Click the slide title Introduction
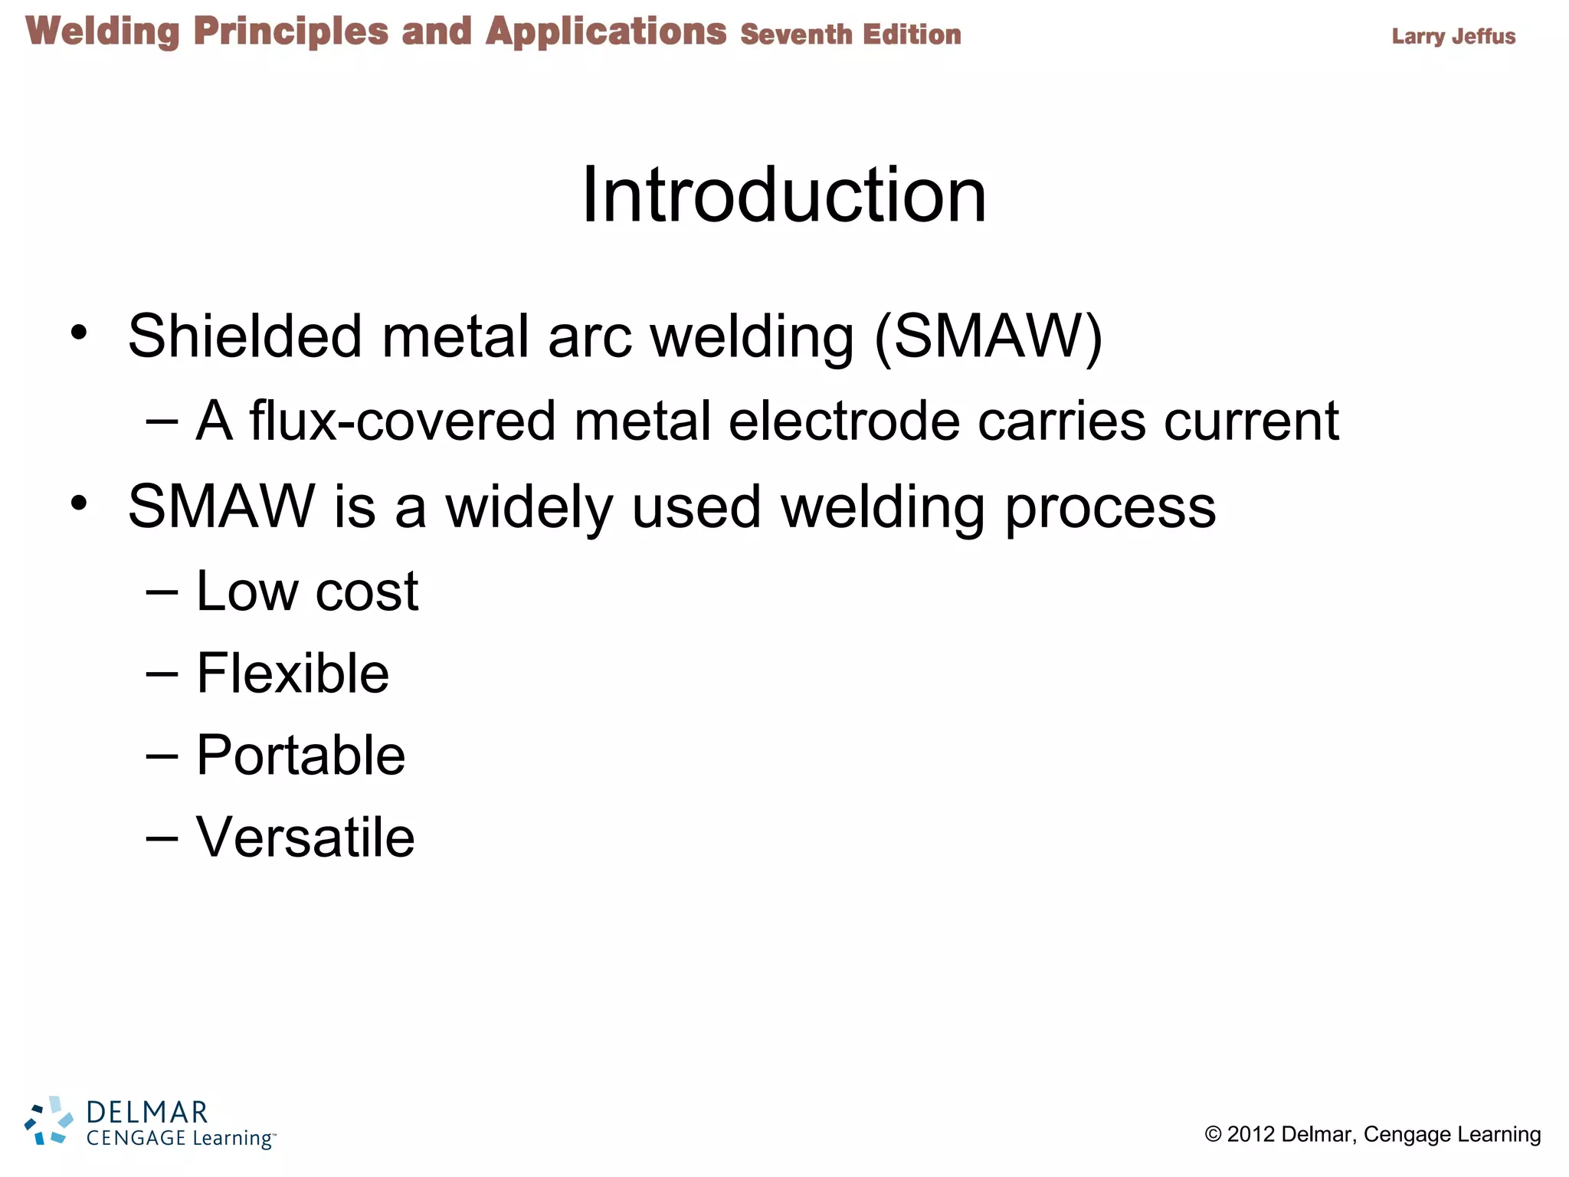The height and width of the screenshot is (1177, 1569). pos(784,195)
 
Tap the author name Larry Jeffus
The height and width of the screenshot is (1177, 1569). pos(1453,36)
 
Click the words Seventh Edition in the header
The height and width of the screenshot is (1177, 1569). pos(850,34)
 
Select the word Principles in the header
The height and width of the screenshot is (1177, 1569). pos(290,33)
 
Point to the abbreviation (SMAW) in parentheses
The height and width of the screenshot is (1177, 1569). pos(988,337)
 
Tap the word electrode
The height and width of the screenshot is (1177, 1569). pos(843,421)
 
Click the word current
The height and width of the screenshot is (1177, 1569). pos(1251,421)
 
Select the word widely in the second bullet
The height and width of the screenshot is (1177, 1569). pos(529,507)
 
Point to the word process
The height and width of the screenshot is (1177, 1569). pos(1110,507)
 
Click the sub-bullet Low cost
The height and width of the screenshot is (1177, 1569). pos(307,591)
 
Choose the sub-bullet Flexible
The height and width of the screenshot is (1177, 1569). pos(293,674)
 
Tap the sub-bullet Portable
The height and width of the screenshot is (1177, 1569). pos(300,756)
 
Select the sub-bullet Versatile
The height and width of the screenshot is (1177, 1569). pos(305,837)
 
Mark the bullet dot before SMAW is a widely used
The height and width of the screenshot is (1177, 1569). pos(79,503)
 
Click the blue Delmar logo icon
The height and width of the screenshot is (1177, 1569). pos(48,1121)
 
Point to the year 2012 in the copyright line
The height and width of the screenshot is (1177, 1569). pos(1250,1134)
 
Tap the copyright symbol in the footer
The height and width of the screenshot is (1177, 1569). pos(1213,1134)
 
